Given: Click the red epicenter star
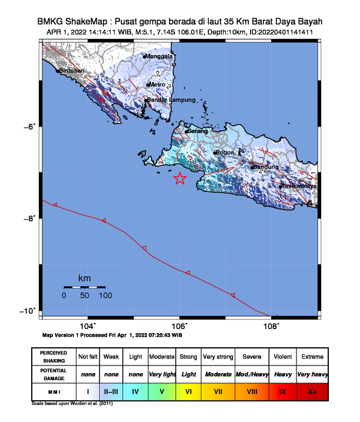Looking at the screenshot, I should tap(180, 179).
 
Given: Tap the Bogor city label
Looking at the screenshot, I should tap(226, 153).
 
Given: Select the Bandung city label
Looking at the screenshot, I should tap(266, 167).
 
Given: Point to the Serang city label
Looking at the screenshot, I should tap(198, 131).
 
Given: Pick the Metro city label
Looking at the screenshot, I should tap(158, 85).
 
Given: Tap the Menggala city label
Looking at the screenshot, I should tap(160, 57).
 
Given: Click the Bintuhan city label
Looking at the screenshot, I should tap(72, 71).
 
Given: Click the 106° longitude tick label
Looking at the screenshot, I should tap(179, 325).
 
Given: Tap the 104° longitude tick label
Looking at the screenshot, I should tap(87, 325).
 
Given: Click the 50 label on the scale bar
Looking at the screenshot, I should tap(84, 295).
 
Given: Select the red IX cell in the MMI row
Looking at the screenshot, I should tap(282, 391).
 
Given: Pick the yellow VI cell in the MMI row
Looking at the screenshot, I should tap(189, 391).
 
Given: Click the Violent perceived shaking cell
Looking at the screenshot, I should tap(282, 357).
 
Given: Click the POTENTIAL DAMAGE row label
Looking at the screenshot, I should tap(54, 374).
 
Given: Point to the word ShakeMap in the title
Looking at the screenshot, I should tap(89, 21).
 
